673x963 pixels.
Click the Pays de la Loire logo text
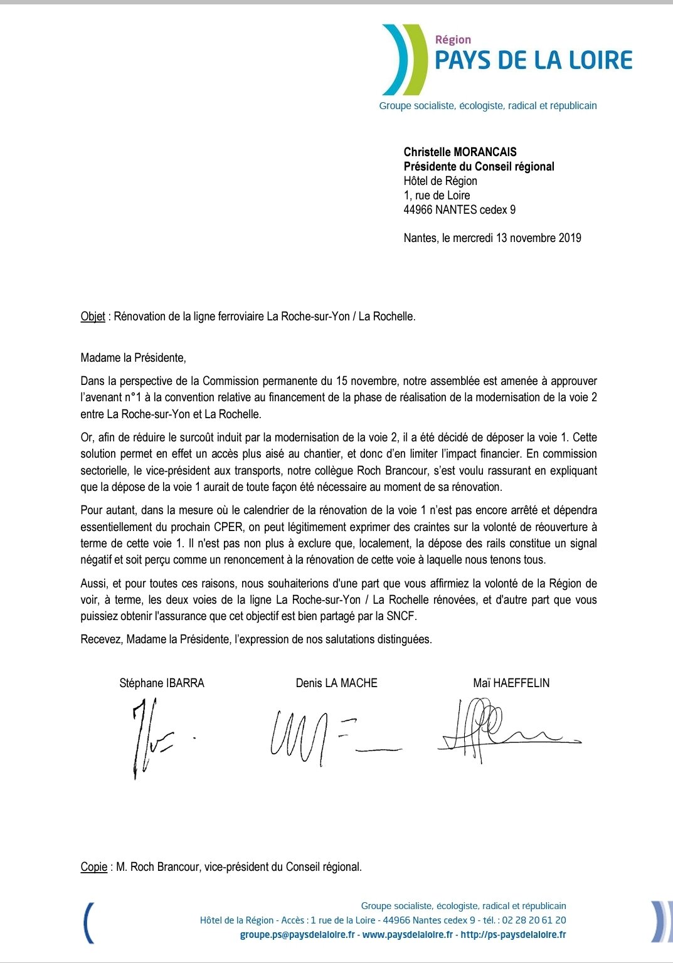pyautogui.click(x=533, y=60)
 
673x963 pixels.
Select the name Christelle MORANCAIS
pyautogui.click(x=460, y=152)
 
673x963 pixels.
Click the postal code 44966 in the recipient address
pyautogui.click(x=418, y=209)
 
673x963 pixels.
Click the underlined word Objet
pyautogui.click(x=93, y=316)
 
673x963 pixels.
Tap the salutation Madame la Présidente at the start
pyautogui.click(x=133, y=358)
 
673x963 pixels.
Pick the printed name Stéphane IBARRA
pyautogui.click(x=162, y=683)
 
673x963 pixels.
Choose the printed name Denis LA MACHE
pyautogui.click(x=336, y=683)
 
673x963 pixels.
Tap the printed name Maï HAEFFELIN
pyautogui.click(x=511, y=683)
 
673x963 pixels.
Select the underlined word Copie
pyautogui.click(x=94, y=866)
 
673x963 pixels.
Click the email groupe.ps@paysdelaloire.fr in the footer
pyautogui.click(x=297, y=934)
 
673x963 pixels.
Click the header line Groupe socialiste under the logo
pyautogui.click(x=487, y=105)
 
